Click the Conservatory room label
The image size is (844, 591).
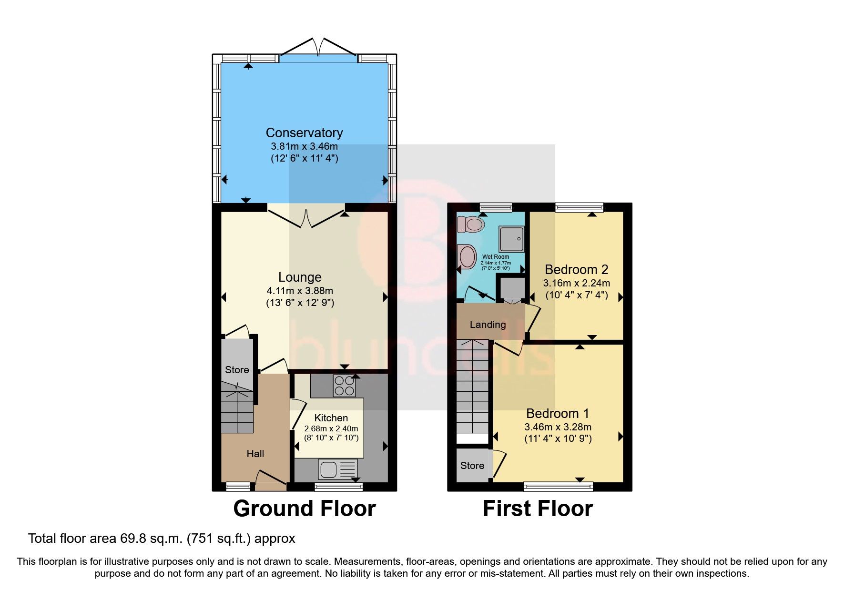(304, 132)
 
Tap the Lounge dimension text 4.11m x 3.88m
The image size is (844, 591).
(300, 290)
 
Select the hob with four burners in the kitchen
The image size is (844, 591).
(344, 386)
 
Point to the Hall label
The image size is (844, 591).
(255, 454)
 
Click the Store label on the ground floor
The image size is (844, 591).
(237, 369)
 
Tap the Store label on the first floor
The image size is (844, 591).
(472, 466)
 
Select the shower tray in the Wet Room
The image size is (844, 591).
(511, 239)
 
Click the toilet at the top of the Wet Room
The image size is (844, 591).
(470, 224)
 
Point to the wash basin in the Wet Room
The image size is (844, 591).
(467, 257)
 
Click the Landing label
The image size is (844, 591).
(488, 325)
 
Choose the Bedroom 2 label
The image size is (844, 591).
(576, 270)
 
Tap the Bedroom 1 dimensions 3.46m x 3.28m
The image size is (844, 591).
(558, 427)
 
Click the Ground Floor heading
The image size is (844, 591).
(304, 509)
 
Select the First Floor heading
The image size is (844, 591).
(538, 509)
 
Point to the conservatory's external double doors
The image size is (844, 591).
(318, 48)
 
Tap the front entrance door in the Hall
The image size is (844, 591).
(271, 480)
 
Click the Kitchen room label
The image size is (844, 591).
(331, 418)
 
